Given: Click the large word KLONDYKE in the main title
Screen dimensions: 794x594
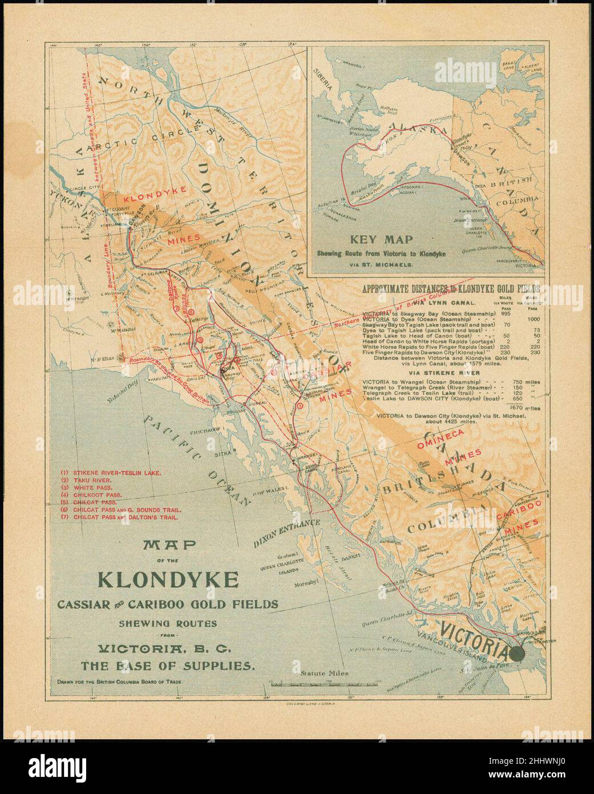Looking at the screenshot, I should [x=168, y=579].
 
